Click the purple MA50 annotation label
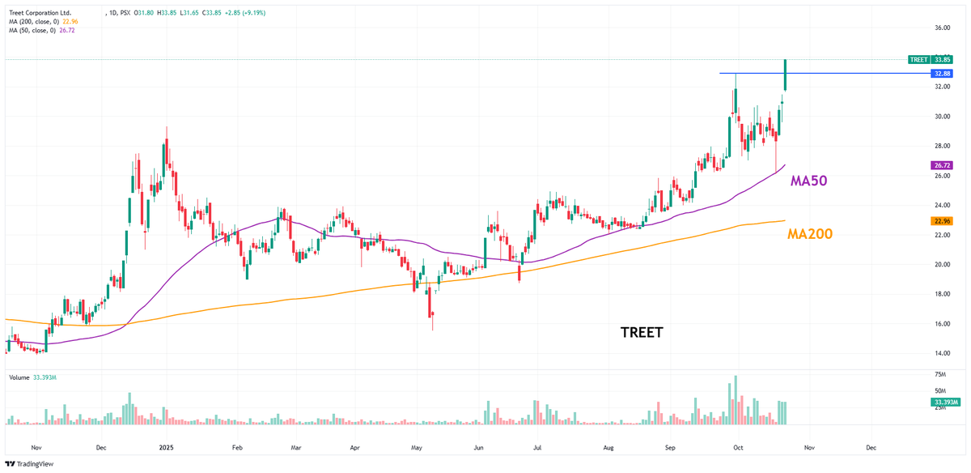pyautogui.click(x=808, y=181)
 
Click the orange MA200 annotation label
pyautogui.click(x=810, y=234)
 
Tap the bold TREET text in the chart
pyautogui.click(x=642, y=332)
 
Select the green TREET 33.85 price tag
pyautogui.click(x=930, y=59)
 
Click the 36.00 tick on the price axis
pyautogui.click(x=942, y=28)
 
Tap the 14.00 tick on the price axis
pyautogui.click(x=942, y=353)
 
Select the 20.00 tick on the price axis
pyautogui.click(x=942, y=265)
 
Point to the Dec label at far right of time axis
pyautogui.click(x=871, y=446)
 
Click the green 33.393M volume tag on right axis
pyautogui.click(x=944, y=402)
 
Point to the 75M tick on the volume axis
pyautogui.click(x=940, y=375)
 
